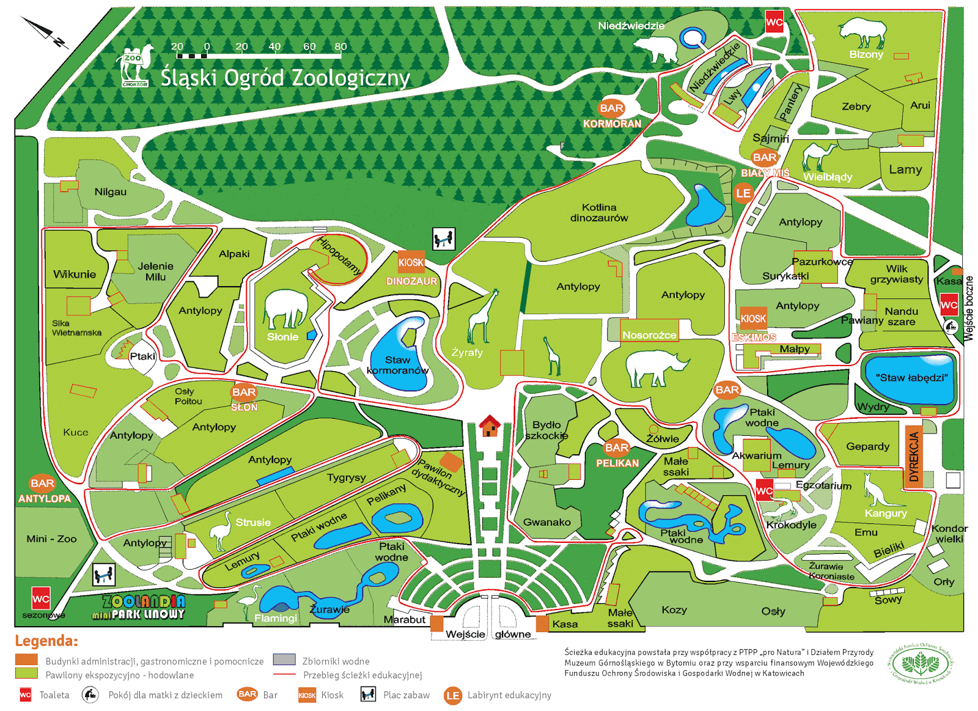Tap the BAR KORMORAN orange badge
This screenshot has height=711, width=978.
tap(611, 108)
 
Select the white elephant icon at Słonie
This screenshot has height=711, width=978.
tap(286, 310)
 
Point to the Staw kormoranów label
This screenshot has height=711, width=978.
tap(397, 365)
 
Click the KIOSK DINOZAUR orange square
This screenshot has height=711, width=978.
tap(411, 262)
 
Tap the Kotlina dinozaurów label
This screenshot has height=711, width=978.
tap(598, 213)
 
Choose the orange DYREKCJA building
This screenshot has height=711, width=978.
tap(913, 457)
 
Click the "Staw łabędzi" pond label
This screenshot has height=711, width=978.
tap(911, 378)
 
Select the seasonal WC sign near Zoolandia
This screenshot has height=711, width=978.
tap(40, 599)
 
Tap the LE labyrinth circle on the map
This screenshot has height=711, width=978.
tap(743, 194)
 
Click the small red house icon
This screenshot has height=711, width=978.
tap(490, 425)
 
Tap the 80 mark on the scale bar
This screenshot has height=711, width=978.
tap(340, 46)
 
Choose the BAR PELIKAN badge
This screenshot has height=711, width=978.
tap(616, 448)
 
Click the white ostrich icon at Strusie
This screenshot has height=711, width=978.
tap(221, 530)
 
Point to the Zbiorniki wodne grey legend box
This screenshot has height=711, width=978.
tap(284, 660)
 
